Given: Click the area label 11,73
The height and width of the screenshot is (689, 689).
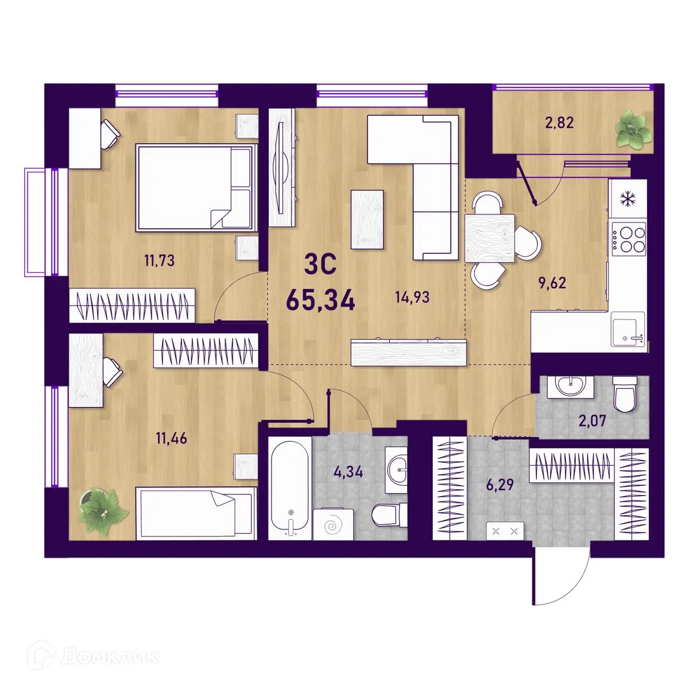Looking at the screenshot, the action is tap(160, 260).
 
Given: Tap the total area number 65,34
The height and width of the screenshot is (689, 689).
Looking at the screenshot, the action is tap(320, 300).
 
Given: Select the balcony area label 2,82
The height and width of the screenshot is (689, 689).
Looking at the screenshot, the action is tap(560, 123).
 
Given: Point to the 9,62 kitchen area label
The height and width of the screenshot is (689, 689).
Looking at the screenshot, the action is tap(552, 283).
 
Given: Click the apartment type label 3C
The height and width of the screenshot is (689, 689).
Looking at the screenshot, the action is tap(320, 265).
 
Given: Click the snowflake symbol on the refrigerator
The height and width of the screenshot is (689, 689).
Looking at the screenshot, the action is tap(626, 199).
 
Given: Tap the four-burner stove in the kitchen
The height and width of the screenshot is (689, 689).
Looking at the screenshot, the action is tap(629, 239).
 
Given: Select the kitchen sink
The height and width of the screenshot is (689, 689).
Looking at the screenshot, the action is tap(628, 329).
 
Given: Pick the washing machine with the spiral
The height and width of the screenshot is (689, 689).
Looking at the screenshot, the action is tap(333, 525).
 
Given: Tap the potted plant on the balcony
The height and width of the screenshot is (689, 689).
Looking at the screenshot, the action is tap(633, 129).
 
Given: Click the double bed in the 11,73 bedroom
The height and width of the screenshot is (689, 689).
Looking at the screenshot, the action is tap(197, 188).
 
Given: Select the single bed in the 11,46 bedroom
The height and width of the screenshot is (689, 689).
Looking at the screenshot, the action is tap(196, 513).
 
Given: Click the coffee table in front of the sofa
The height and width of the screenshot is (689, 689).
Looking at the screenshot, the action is tap(367, 219).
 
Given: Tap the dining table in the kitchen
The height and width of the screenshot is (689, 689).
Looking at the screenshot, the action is tap(490, 238).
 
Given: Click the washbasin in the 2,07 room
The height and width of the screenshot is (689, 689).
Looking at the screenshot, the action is tap(570, 387).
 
